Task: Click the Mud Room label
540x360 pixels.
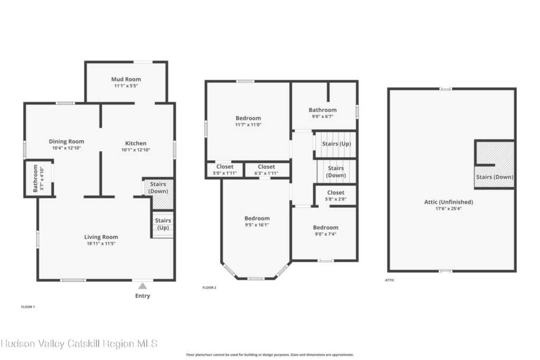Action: (x=126, y=79)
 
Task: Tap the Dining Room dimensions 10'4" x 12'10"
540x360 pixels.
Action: (x=66, y=148)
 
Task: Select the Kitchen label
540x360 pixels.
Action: (x=136, y=143)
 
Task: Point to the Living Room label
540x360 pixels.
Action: (x=101, y=237)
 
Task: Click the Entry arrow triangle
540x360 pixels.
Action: (x=142, y=286)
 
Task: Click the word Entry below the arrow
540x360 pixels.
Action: (x=142, y=296)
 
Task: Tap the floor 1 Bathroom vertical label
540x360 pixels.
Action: (x=35, y=178)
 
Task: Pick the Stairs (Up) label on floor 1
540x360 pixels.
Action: (x=163, y=223)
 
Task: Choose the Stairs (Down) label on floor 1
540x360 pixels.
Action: (x=158, y=188)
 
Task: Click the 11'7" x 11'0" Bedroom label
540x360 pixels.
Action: (x=248, y=118)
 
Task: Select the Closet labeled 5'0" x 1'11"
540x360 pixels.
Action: (x=225, y=167)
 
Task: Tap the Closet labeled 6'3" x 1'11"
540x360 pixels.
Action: (x=266, y=167)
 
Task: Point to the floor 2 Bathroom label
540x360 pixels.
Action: (x=323, y=110)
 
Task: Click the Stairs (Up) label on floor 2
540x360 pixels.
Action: (x=336, y=143)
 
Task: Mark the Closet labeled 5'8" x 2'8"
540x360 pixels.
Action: (x=336, y=193)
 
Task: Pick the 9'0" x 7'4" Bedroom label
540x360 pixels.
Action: (x=325, y=228)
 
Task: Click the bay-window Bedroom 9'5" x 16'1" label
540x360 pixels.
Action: (x=257, y=218)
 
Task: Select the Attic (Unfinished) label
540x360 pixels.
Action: (x=449, y=202)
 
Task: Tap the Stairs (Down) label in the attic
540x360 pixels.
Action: (x=495, y=177)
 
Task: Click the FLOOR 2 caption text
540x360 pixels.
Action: (x=209, y=288)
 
